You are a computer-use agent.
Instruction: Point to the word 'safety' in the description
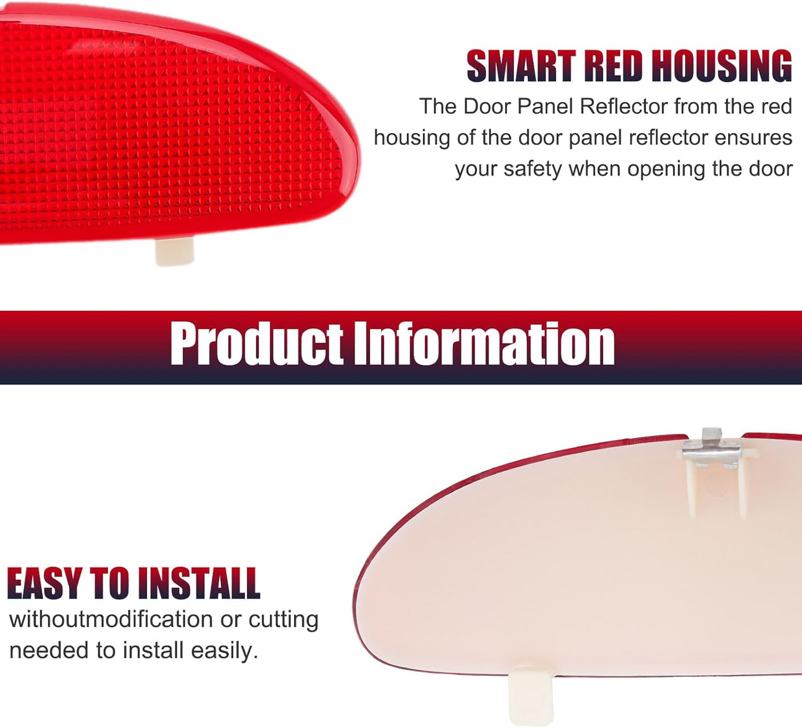click(532, 169)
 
